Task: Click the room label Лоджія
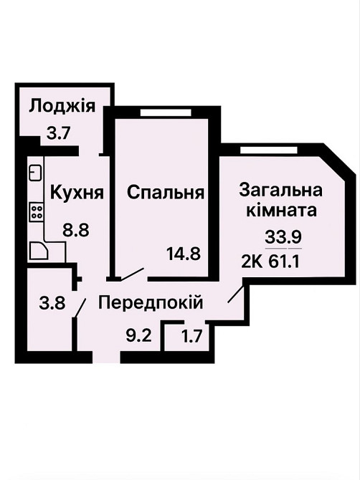(x=62, y=107)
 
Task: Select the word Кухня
(x=77, y=193)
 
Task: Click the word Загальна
(x=280, y=191)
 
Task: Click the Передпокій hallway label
(x=151, y=303)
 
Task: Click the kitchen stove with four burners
(x=34, y=212)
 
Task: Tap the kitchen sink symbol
(x=34, y=173)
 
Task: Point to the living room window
(x=262, y=149)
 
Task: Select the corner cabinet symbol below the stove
(x=37, y=250)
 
